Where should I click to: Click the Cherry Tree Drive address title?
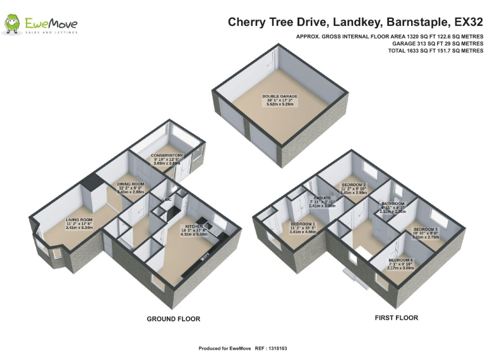click(356, 22)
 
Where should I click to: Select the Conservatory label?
click(167, 155)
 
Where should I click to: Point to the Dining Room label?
click(131, 184)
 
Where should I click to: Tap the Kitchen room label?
click(195, 226)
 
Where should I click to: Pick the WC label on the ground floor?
click(168, 200)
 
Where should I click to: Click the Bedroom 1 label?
click(304, 224)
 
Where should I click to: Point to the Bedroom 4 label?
click(401, 260)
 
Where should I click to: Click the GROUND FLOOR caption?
click(173, 320)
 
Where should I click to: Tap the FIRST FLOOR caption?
click(397, 318)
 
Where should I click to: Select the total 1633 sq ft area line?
click(436, 51)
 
